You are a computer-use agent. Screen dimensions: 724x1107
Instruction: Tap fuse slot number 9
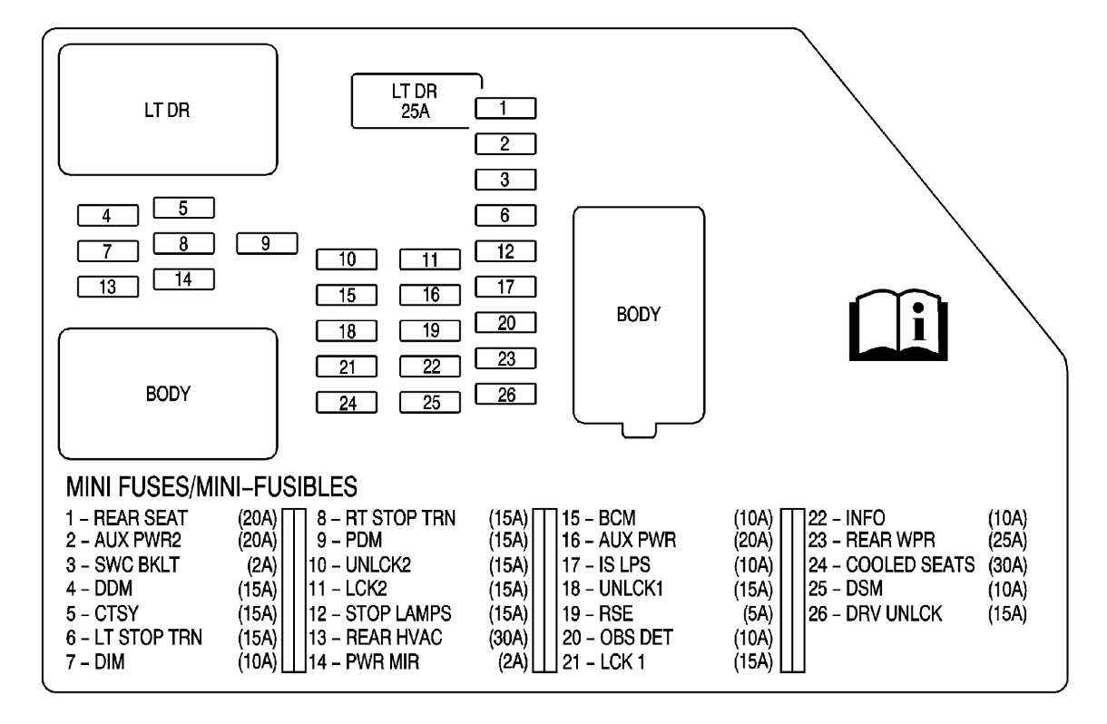pyautogui.click(x=267, y=243)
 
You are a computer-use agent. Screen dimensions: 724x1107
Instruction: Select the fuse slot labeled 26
pyautogui.click(x=505, y=394)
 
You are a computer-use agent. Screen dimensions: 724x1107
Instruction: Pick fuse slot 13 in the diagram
pyautogui.click(x=108, y=287)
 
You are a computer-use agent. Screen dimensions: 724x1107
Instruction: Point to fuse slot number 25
pyautogui.click(x=430, y=401)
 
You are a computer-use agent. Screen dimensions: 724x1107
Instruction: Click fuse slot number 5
pyautogui.click(x=183, y=208)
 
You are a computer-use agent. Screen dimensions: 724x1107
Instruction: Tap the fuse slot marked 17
pyautogui.click(x=505, y=287)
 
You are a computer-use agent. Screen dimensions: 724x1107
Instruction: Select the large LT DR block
pyautogui.click(x=168, y=109)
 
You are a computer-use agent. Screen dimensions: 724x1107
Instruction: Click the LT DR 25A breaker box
pyautogui.click(x=416, y=100)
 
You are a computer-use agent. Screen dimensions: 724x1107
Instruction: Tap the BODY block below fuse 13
pyautogui.click(x=168, y=394)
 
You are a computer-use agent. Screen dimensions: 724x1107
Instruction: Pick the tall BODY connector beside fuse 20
pyautogui.click(x=639, y=318)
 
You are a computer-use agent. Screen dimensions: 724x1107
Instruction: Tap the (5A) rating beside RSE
pyautogui.click(x=755, y=613)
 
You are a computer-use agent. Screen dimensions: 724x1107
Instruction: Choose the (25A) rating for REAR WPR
pyautogui.click(x=1006, y=542)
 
